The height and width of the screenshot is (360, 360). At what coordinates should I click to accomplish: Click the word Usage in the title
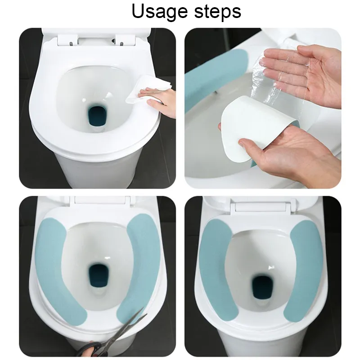click(x=160, y=12)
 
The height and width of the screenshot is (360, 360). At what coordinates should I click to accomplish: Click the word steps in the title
click(x=218, y=12)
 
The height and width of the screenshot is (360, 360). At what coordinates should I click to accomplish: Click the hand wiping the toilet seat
click(x=160, y=101)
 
